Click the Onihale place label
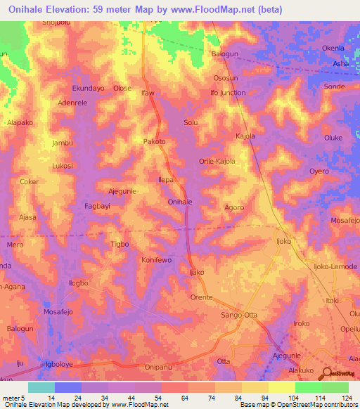point(180,202)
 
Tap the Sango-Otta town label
point(240,316)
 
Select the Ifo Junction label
point(228,93)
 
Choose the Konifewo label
point(157,260)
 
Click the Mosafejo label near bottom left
point(59,311)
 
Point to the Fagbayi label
point(98,207)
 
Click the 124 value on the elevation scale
point(336,398)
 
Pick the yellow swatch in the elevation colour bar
point(282,387)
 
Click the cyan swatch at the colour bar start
point(41,387)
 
